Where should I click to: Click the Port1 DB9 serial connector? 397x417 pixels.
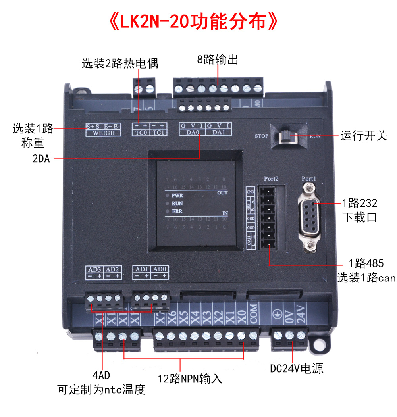click(309, 214)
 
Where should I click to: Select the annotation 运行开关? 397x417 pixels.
click(363, 136)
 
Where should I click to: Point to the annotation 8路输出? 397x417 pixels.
click(218, 60)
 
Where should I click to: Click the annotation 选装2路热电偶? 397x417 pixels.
click(120, 63)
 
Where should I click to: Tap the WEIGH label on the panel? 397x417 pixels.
click(103, 133)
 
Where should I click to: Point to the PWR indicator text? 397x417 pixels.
click(177, 196)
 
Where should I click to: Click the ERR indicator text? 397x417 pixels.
click(177, 211)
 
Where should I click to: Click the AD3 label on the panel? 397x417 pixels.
click(94, 269)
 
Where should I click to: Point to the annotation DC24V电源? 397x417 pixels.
click(297, 369)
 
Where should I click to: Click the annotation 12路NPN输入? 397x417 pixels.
click(190, 379)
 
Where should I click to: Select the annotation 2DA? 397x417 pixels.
click(41, 159)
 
